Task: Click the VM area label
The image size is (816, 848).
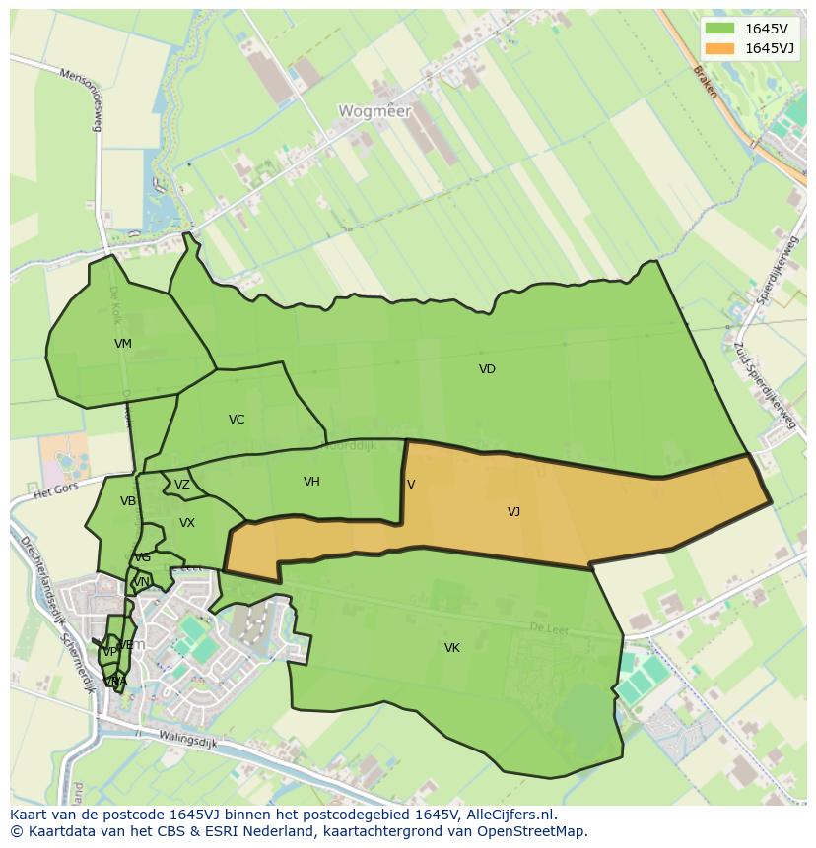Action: click(122, 344)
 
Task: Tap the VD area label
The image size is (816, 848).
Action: click(487, 369)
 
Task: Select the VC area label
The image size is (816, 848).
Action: click(237, 420)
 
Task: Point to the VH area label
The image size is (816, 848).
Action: click(311, 482)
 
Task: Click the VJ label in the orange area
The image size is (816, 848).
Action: click(513, 511)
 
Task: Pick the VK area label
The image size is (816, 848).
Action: click(451, 647)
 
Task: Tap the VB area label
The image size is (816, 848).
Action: click(128, 501)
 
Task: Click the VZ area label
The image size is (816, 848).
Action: click(182, 485)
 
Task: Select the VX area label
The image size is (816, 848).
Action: click(187, 523)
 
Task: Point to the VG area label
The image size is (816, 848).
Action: click(143, 557)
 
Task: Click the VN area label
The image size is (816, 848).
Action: click(141, 582)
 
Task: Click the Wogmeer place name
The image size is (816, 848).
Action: click(374, 111)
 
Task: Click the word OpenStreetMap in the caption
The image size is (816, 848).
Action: click(530, 831)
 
